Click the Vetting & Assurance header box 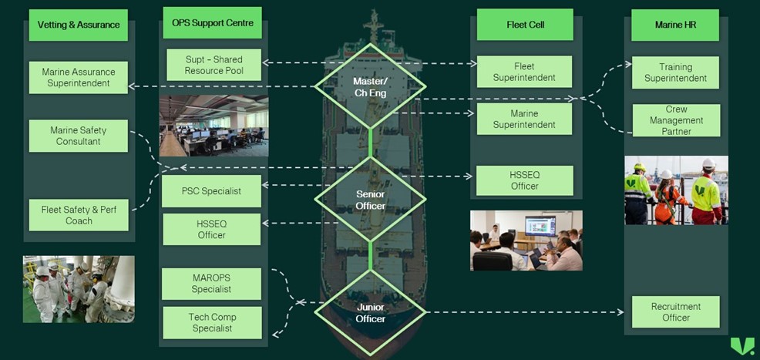(x=79, y=25)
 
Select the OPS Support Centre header (x=213, y=23)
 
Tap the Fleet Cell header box (x=525, y=25)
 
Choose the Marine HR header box (x=675, y=25)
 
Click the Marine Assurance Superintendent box (x=79, y=77)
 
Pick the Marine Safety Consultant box (x=79, y=136)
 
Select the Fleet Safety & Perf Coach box (x=79, y=215)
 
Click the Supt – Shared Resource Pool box (x=214, y=65)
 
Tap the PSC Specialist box (x=211, y=190)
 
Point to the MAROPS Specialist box (x=211, y=284)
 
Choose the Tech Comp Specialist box (x=211, y=322)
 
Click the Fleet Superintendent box (x=524, y=72)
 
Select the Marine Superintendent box (x=524, y=119)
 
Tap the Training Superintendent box (x=675, y=72)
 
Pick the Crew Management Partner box (x=675, y=120)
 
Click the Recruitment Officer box (x=675, y=311)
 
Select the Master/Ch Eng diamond (x=370, y=86)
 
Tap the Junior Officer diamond (x=370, y=312)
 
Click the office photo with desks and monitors (x=214, y=126)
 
